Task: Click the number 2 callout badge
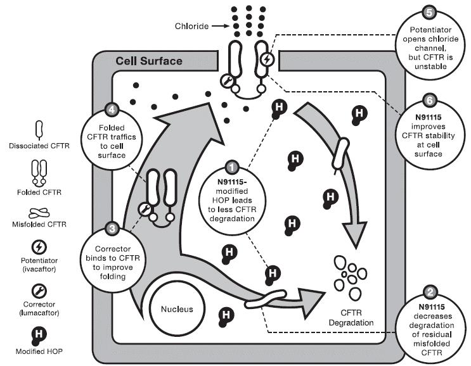[x=431, y=292]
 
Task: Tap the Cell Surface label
[x=148, y=62]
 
